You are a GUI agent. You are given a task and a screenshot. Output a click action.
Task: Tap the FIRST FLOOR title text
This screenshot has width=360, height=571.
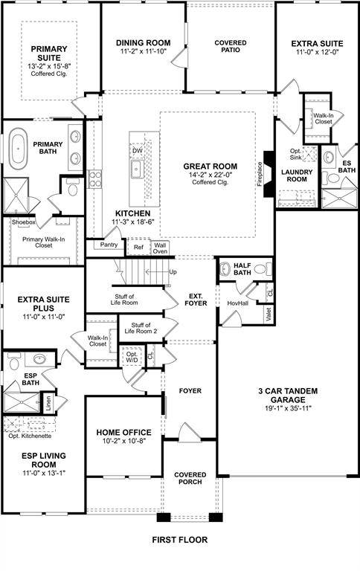[180, 540]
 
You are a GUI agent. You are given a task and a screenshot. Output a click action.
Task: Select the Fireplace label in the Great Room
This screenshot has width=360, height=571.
[260, 172]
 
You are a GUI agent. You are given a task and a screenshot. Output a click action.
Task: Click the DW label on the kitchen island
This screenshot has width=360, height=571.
[137, 151]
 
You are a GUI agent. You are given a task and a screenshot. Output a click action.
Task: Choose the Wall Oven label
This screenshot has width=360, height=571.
[160, 248]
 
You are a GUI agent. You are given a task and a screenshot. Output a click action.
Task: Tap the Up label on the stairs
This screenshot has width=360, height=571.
[173, 272]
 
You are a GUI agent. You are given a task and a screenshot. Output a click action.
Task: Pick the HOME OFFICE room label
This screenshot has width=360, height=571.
[123, 433]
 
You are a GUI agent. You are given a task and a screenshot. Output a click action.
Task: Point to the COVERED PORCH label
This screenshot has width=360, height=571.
[190, 479]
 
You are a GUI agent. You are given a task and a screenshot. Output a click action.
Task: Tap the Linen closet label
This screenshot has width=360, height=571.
[48, 404]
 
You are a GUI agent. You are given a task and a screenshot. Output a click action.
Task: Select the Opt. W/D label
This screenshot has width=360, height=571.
[132, 357]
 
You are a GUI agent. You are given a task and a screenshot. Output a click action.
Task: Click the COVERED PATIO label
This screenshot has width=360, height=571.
[231, 48]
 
